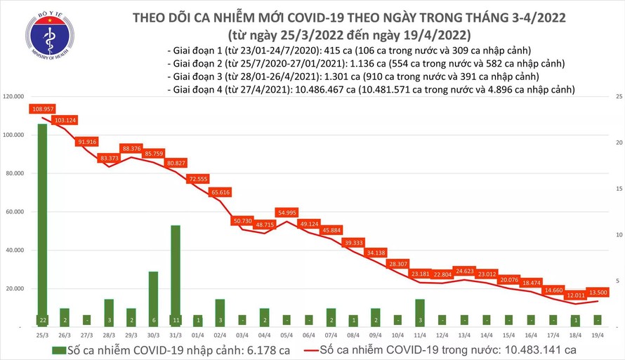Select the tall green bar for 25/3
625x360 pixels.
click(42, 225)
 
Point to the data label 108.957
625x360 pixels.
click(43, 109)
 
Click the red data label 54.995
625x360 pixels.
click(287, 212)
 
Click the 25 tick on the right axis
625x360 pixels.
click(617, 96)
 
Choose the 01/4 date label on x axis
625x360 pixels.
click(197, 335)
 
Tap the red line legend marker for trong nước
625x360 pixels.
click(305, 349)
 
